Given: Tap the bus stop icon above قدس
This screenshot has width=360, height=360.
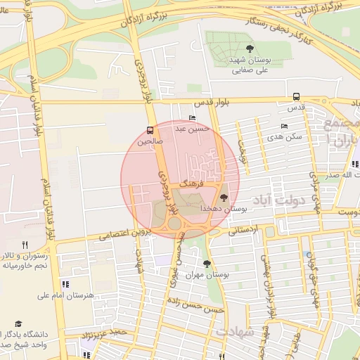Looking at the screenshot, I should (295, 97).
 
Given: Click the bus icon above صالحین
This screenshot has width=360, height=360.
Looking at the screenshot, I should (150, 130).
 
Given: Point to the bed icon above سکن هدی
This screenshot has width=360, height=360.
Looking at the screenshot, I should (284, 126).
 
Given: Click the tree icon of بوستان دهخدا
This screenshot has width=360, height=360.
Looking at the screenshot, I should (224, 198).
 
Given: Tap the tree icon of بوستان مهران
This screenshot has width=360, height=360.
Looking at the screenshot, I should (207, 264).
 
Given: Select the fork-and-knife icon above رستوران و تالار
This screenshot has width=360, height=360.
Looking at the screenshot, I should (25, 244).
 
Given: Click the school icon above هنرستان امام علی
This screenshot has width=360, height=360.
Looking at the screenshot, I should (65, 284).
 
